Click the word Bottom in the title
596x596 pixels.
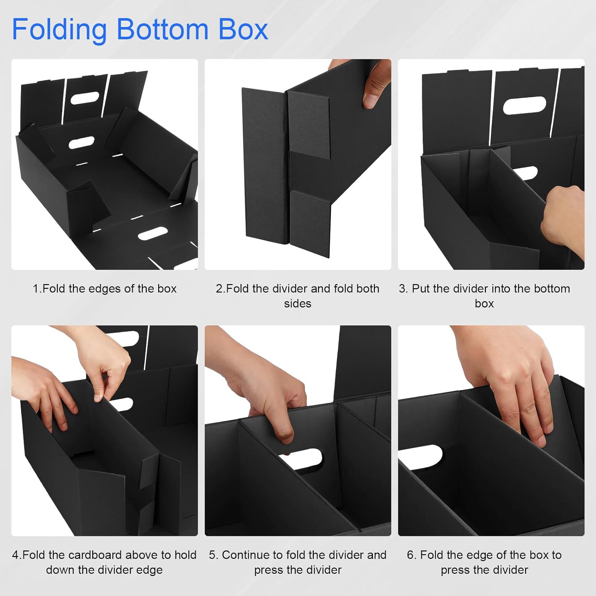click(162, 30)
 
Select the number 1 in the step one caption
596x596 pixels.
click(36, 288)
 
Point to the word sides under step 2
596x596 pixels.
click(297, 304)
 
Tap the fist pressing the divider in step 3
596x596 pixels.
click(564, 223)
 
